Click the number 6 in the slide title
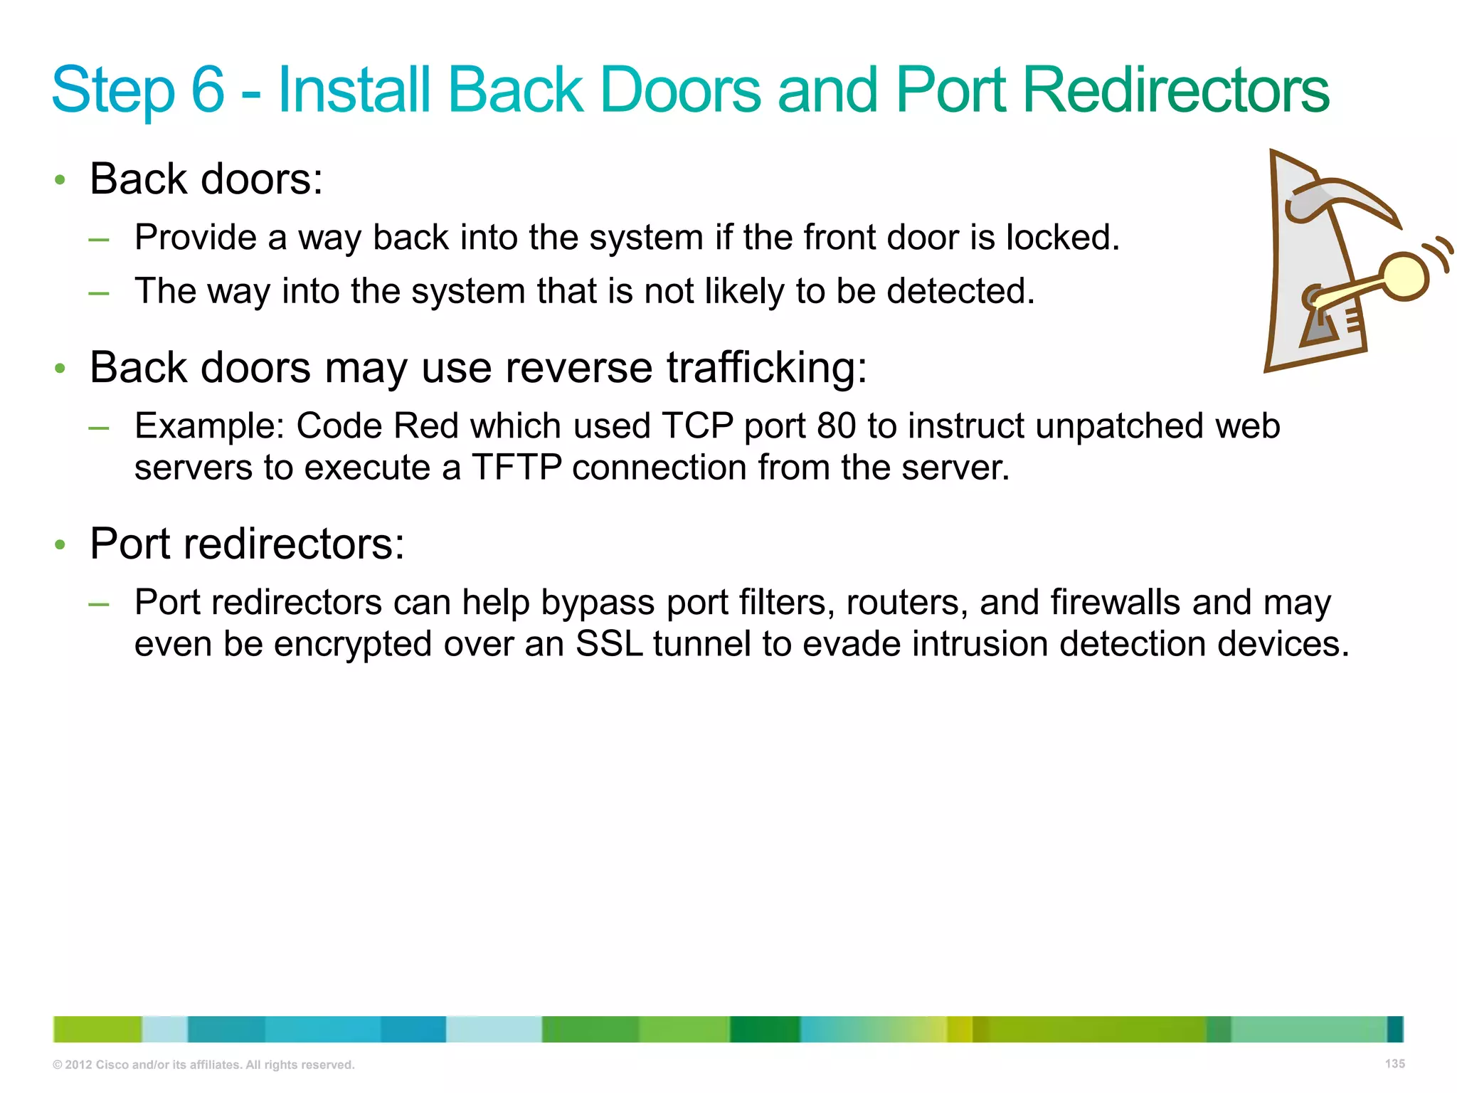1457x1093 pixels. point(208,90)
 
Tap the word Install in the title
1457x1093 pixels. point(354,90)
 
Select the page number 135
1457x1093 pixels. point(1394,1063)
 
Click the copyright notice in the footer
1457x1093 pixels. point(203,1065)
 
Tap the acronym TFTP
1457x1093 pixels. point(516,468)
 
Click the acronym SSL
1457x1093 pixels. point(609,644)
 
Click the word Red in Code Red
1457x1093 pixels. point(425,426)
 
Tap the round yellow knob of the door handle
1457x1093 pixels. point(1404,277)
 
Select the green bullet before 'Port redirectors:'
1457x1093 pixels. point(60,545)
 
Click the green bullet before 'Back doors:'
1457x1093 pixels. point(60,180)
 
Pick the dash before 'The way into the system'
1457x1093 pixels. point(99,292)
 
